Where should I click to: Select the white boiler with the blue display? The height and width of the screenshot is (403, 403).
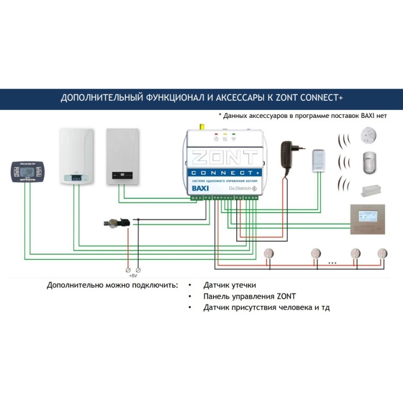tap(77, 157)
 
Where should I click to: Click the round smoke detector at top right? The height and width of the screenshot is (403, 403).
tap(367, 135)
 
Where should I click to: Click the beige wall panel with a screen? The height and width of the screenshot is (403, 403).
tap(370, 220)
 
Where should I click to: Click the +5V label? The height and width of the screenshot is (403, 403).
tap(133, 276)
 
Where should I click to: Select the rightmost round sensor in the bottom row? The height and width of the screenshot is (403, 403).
tap(383, 253)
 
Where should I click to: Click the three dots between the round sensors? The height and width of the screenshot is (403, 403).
tap(332, 263)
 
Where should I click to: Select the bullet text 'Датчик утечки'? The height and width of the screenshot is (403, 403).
tap(226, 285)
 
